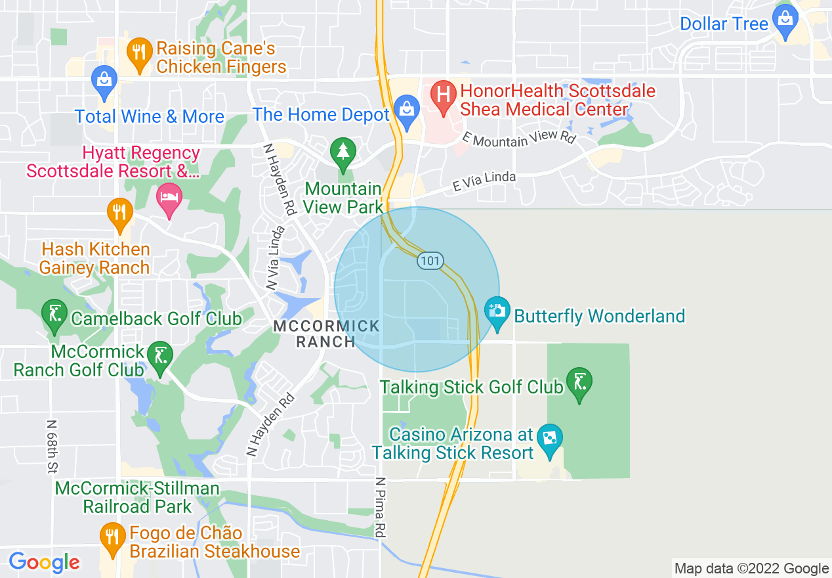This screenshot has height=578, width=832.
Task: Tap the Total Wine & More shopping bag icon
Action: [x=104, y=79]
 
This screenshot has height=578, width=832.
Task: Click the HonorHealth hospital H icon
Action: [x=444, y=95]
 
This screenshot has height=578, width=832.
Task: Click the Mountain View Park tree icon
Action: [x=343, y=152]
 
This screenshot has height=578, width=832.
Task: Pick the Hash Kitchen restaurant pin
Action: [x=119, y=213]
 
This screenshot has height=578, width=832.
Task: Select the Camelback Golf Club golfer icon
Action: [x=54, y=315]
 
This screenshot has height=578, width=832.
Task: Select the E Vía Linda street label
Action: [x=484, y=182]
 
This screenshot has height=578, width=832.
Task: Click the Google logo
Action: [x=44, y=562]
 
